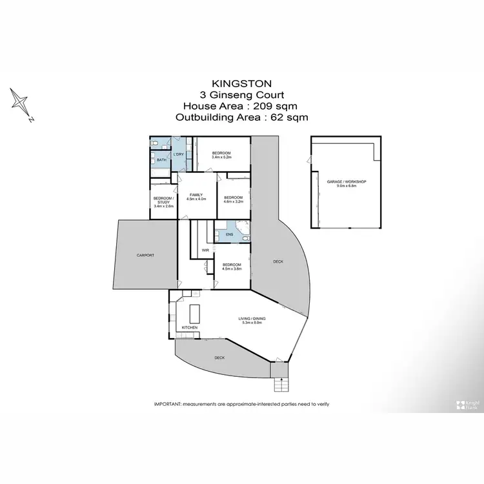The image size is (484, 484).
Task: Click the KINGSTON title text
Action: click(x=242, y=83)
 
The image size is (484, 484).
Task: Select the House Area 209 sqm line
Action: click(x=241, y=106)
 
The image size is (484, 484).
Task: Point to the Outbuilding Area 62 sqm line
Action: click(x=241, y=117)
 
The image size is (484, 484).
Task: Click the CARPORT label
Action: click(x=145, y=256)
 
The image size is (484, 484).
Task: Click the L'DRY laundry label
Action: click(x=179, y=154)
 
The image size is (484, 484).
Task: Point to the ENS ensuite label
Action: click(x=220, y=233)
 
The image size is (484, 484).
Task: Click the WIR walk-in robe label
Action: click(x=205, y=249)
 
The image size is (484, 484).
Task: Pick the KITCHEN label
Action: click(x=189, y=328)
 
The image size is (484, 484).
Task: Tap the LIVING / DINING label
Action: click(x=252, y=319)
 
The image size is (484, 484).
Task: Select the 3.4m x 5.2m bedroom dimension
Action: click(x=221, y=157)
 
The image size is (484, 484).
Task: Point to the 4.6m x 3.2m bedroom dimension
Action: click(x=232, y=201)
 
